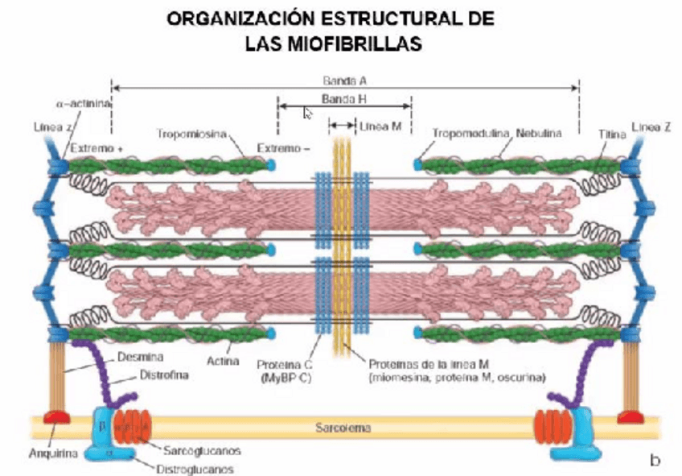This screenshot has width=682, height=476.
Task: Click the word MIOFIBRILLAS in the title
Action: point(334,44)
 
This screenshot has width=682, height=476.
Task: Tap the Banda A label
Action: point(345,81)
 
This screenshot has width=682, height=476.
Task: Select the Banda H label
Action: point(344,99)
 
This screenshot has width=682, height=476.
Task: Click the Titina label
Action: point(612,135)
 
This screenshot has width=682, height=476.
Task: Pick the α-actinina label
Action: point(83,104)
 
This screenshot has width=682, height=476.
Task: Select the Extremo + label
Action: point(97,149)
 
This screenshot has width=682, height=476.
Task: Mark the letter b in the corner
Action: point(655,460)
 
